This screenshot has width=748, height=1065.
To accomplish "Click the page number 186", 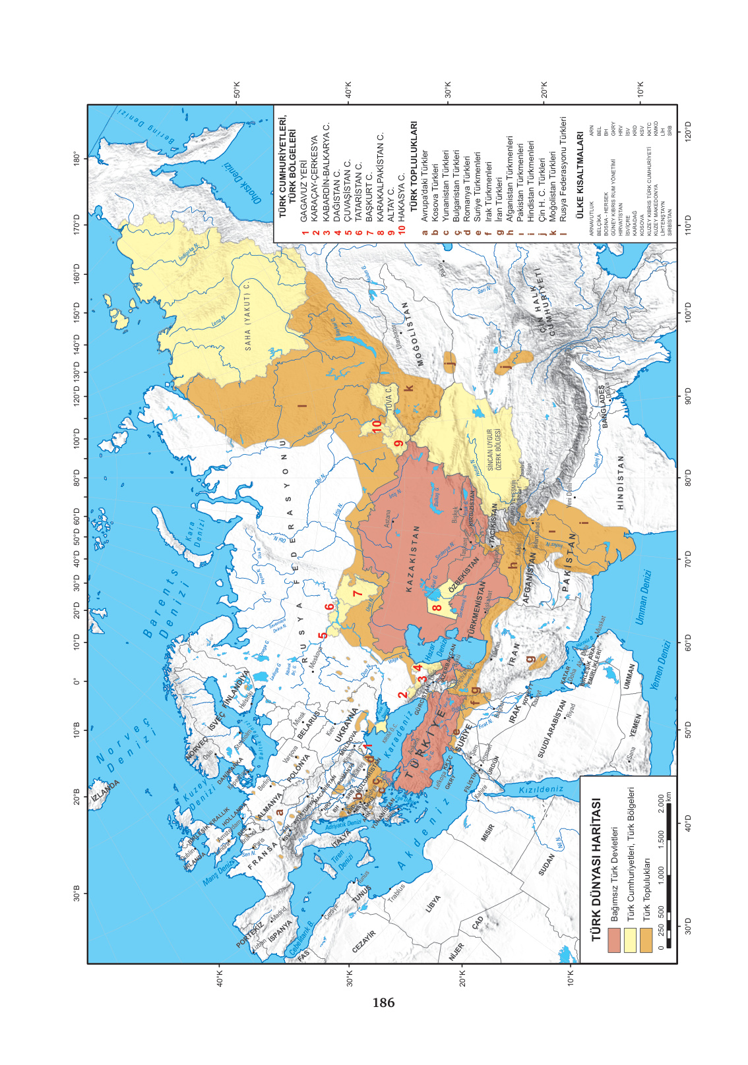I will point(383,1002).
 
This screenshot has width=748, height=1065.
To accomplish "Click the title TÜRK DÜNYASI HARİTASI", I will point(596,869).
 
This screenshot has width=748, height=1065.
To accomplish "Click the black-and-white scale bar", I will point(668,870).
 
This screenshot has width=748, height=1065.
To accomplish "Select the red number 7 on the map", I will point(358,594).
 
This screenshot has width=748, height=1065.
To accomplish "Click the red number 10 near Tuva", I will point(377,427).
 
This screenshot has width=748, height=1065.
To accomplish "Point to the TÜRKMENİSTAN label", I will point(476,610).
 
